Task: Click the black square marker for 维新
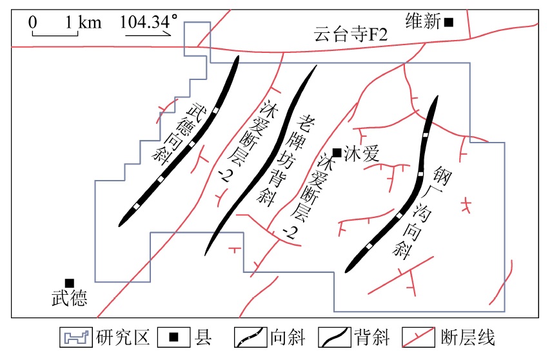[449, 22]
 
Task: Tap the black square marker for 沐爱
[337, 152]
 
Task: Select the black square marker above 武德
[70, 283]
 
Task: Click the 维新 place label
[423, 21]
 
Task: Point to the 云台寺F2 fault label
[351, 35]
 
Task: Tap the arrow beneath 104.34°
[148, 34]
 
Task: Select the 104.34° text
[148, 21]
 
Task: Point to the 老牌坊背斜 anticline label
[286, 159]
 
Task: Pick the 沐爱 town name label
[362, 154]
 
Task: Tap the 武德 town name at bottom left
[70, 298]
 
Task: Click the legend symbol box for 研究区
[76, 337]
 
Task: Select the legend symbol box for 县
[173, 337]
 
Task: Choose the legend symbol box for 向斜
[250, 337]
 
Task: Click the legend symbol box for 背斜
[335, 337]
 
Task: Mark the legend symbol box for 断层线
[419, 337]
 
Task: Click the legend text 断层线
[468, 337]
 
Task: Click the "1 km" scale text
[83, 22]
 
